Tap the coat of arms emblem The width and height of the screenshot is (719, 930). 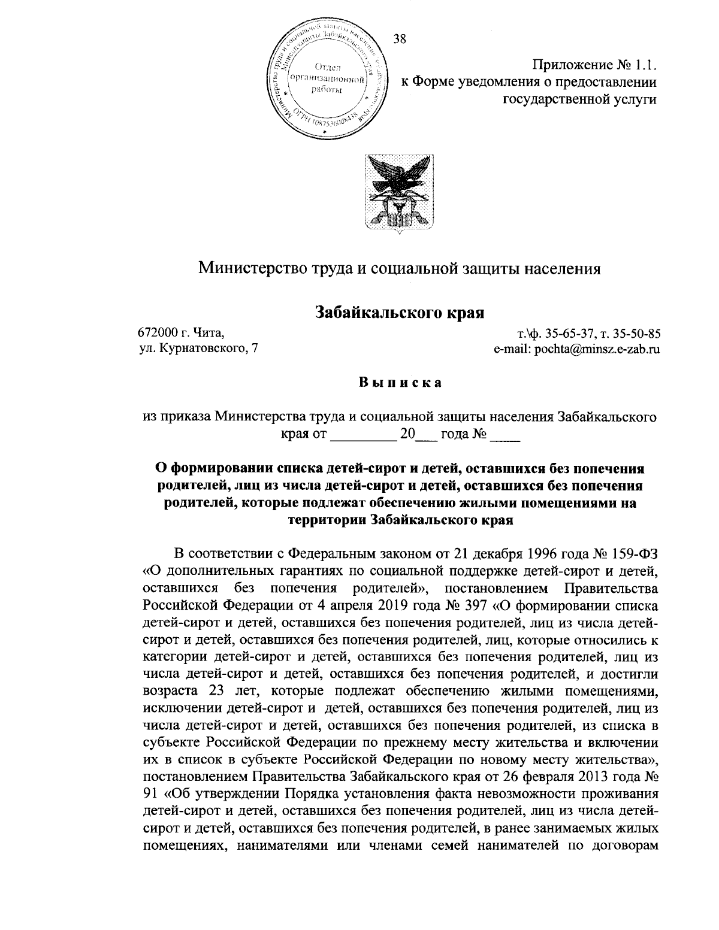[x=400, y=191]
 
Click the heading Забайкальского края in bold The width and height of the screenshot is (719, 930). [x=400, y=311]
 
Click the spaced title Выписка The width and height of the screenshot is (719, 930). [x=400, y=383]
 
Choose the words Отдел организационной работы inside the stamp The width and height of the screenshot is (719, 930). [x=327, y=78]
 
